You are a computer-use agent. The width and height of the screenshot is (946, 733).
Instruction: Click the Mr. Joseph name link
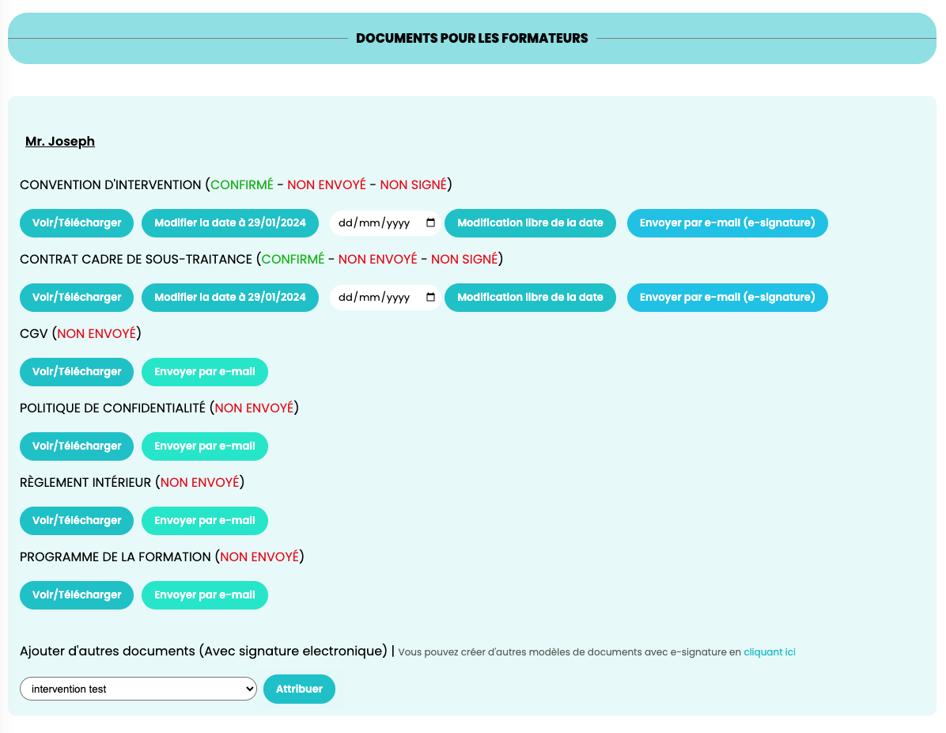coord(60,141)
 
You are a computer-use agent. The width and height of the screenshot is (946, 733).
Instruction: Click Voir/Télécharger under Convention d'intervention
coord(77,222)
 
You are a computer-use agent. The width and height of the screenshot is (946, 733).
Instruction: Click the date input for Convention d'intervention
coord(385,222)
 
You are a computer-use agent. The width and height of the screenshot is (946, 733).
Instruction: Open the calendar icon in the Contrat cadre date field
coord(431,297)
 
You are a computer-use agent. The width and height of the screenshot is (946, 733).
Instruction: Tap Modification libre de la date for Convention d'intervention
coord(530,222)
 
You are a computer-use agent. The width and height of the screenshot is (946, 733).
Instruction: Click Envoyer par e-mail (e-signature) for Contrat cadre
coord(728,297)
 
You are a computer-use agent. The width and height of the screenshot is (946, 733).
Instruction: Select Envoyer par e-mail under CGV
coord(205,372)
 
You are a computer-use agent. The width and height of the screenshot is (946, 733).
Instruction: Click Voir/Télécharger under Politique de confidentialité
coord(77,446)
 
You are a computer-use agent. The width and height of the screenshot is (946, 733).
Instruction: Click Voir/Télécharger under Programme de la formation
coord(77,594)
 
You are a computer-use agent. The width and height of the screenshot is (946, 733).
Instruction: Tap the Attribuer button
coord(299,689)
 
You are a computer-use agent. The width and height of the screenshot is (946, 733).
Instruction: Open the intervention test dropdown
coord(138,689)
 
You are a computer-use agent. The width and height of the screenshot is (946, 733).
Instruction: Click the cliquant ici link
coord(770,652)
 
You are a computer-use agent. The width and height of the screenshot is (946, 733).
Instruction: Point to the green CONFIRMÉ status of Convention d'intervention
coord(242,184)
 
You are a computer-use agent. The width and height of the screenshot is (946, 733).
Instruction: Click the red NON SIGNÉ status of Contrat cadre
coord(464,259)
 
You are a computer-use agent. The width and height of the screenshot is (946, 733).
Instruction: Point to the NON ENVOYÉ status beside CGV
coord(96,333)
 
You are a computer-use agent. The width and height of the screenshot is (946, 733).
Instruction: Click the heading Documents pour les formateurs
coord(471,38)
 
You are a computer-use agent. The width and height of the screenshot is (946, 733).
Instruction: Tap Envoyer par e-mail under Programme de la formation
coord(205,594)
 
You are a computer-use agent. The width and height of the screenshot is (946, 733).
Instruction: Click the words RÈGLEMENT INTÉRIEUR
coord(85,482)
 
